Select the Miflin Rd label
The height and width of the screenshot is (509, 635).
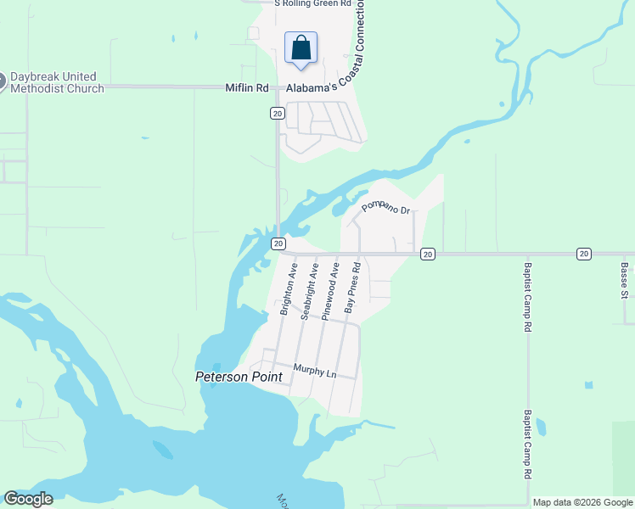(x=246, y=87)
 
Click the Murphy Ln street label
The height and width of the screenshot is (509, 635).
(x=314, y=369)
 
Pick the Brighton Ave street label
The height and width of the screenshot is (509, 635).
(x=289, y=288)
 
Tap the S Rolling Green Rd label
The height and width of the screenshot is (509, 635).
(x=312, y=3)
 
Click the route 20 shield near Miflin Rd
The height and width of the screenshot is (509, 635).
(x=277, y=113)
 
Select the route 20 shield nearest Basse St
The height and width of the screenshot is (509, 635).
(x=584, y=254)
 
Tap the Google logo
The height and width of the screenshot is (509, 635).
(x=28, y=499)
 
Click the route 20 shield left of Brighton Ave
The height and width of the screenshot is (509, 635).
(x=278, y=243)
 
